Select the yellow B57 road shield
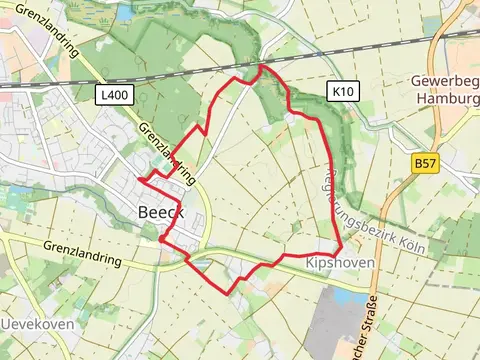(x=426, y=160)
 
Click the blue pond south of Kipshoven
(x=349, y=297)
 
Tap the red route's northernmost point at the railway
(x=262, y=66)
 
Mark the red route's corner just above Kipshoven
(x=341, y=247)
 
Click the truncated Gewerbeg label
(x=446, y=80)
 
